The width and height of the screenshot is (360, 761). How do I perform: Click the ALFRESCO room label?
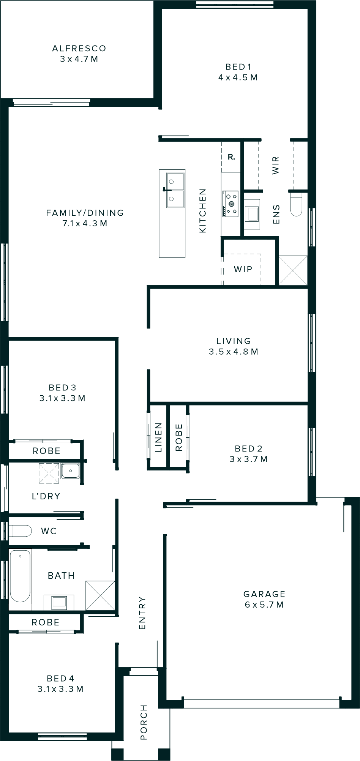(x=79, y=49)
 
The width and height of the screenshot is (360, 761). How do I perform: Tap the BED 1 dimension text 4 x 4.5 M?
(x=238, y=77)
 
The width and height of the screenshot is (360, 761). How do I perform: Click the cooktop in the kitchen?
(x=231, y=204)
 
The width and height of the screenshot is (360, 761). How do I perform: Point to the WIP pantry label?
(x=243, y=269)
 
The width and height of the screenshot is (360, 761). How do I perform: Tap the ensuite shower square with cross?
(x=293, y=270)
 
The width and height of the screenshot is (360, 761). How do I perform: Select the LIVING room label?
(x=234, y=341)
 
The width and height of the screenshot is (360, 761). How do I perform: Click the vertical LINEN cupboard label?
(x=158, y=437)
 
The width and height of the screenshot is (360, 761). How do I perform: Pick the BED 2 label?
(x=249, y=449)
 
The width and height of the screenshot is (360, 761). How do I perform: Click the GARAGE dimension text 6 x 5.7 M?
(x=264, y=605)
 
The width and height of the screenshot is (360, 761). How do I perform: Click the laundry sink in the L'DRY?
(x=70, y=471)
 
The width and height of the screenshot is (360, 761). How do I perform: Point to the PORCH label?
(x=144, y=722)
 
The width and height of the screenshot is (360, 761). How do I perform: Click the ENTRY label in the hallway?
(x=142, y=613)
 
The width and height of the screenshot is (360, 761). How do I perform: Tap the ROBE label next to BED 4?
(x=46, y=622)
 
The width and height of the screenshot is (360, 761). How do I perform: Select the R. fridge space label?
(x=231, y=157)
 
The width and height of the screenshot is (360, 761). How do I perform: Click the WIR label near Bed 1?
(x=276, y=165)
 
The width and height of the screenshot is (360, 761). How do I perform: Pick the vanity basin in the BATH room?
(x=59, y=602)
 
